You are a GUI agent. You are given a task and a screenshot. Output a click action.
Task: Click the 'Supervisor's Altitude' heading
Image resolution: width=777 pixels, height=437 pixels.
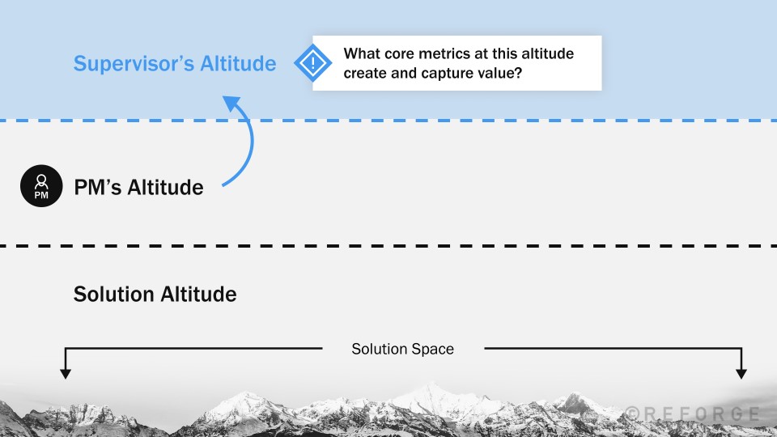tap(175, 63)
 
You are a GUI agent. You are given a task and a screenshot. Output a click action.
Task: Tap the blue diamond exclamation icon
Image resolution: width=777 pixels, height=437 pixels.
tap(308, 63)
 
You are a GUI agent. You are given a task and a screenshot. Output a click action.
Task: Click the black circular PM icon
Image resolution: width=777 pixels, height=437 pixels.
tap(40, 187)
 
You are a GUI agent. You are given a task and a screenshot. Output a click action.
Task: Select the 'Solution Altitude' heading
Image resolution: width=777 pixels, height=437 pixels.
tap(155, 294)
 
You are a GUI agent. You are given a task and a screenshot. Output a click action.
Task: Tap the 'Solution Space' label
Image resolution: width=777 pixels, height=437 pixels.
tap(402, 350)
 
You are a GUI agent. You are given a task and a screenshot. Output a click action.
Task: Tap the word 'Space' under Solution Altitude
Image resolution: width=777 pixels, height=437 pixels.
tap(433, 350)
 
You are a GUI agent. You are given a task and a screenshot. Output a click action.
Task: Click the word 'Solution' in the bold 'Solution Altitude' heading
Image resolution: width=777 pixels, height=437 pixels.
tap(113, 294)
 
